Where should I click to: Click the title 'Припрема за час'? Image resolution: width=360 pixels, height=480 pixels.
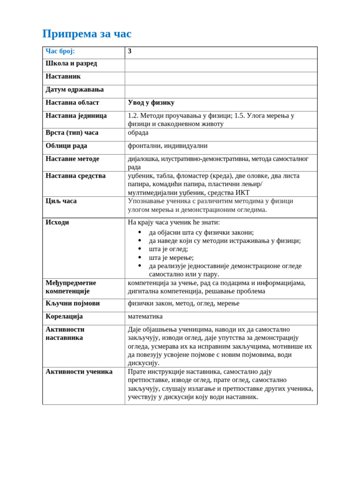tap(87, 34)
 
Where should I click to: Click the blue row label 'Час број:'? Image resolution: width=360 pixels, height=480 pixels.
tap(60, 51)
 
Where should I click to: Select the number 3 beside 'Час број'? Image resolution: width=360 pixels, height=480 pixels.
tap(130, 51)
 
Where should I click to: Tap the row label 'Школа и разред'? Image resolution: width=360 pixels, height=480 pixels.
tap(71, 63)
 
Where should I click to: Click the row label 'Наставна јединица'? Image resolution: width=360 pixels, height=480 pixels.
tap(76, 116)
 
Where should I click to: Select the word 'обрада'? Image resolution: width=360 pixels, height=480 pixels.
tap(138, 133)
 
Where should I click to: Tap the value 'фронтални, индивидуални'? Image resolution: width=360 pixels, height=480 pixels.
tap(167, 146)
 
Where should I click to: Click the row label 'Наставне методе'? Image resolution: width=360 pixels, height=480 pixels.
tap(72, 159)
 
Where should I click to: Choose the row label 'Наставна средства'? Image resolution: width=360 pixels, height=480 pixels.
tap(75, 176)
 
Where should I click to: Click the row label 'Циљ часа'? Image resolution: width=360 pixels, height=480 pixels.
tap(61, 201)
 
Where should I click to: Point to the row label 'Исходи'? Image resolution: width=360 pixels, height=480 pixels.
tap(57, 222)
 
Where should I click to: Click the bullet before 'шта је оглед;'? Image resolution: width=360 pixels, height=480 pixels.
tap(140, 249)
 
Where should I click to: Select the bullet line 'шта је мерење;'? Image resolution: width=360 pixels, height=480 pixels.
tap(171, 257)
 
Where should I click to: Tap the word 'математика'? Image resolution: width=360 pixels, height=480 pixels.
tap(145, 316)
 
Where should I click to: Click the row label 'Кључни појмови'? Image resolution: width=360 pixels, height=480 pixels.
tap(73, 303)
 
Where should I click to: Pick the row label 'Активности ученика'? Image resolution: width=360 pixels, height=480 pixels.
tap(79, 372)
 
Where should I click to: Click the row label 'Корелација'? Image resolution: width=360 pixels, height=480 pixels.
tap(64, 316)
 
